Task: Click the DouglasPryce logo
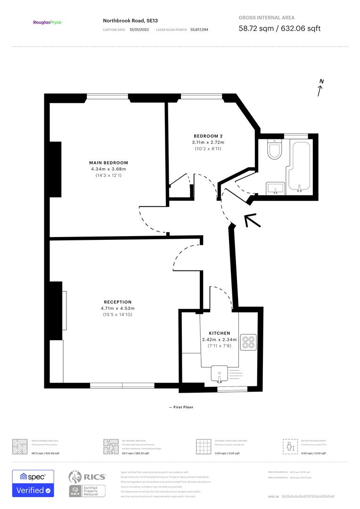pyautogui.click(x=47, y=22)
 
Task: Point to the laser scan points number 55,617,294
pyautogui.click(x=199, y=29)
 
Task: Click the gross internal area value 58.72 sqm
pyautogui.click(x=258, y=28)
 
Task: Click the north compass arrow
pyautogui.click(x=320, y=88)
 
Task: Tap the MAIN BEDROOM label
pyautogui.click(x=108, y=163)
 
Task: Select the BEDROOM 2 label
pyautogui.click(x=208, y=136)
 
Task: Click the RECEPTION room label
pyautogui.click(x=118, y=302)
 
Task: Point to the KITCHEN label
pyautogui.click(x=219, y=333)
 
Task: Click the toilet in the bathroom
pyautogui.click(x=273, y=149)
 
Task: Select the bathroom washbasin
pyautogui.click(x=275, y=189)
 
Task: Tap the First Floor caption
pyautogui.click(x=181, y=407)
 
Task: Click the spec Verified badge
pyautogui.click(x=33, y=484)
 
